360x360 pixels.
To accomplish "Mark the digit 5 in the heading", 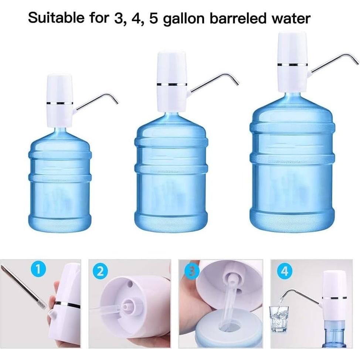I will (154, 18).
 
